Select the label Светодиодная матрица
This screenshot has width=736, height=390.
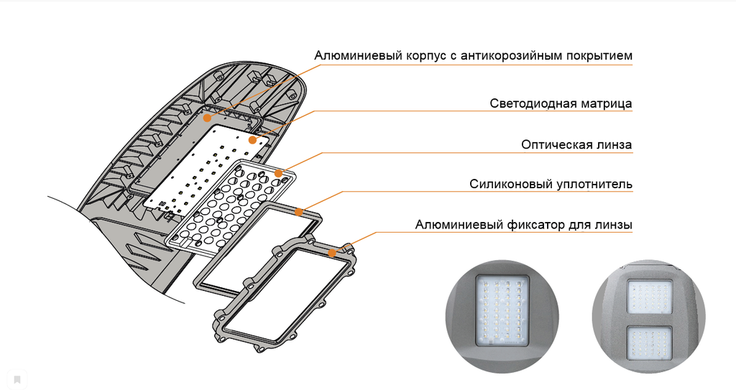pos(561,103)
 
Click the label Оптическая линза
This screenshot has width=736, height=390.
pos(576,144)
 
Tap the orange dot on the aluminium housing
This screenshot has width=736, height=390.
pos(207,117)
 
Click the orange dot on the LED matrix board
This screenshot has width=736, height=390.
pos(252,139)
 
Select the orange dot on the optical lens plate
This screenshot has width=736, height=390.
pos(278,173)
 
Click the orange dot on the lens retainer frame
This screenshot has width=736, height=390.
pos(332,252)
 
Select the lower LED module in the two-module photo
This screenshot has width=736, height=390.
pos(649,343)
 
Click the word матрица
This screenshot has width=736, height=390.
pos(605,103)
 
